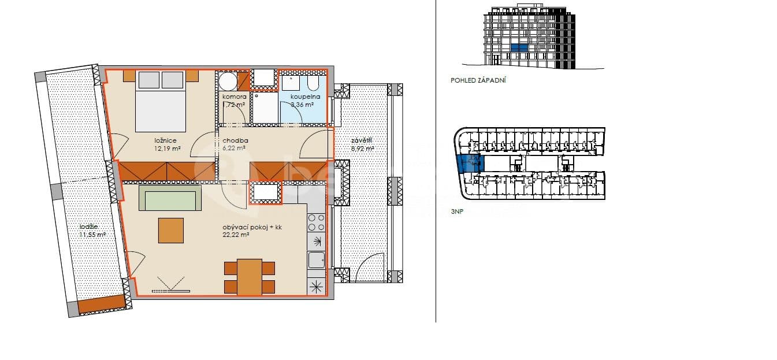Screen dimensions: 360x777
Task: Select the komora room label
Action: [235, 97]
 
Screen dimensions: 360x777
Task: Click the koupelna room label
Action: [302, 97]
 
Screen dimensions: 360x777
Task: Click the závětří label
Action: [362, 140]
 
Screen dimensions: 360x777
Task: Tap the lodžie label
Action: [89, 227]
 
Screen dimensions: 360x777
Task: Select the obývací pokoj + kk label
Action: [252, 228]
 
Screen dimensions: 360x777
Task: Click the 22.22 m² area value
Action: [236, 235]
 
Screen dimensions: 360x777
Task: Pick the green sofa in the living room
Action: [170, 198]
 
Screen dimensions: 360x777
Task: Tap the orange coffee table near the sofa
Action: [171, 230]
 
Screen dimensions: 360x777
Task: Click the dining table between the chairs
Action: [250, 277]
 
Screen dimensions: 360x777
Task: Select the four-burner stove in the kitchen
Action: [316, 222]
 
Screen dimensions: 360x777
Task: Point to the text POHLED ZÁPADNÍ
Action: [478, 81]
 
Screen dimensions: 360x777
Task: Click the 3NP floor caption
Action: [457, 212]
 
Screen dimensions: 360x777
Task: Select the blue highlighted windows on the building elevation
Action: [519, 48]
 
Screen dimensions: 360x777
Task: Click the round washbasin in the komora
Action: [227, 81]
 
